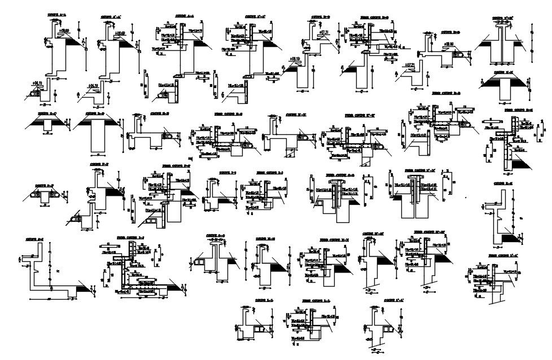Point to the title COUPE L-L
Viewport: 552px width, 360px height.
[263, 301]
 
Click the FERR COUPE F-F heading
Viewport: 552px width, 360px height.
[174, 166]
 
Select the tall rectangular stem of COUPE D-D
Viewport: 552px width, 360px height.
[99, 139]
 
